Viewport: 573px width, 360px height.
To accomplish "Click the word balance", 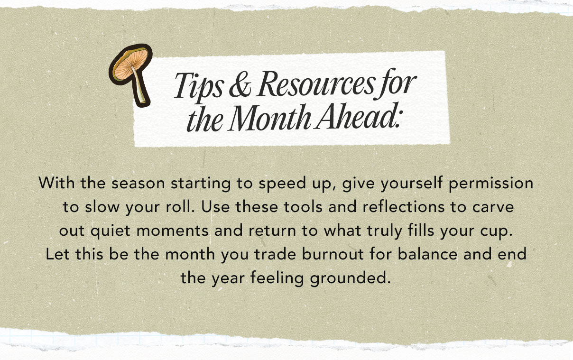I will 427,254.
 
